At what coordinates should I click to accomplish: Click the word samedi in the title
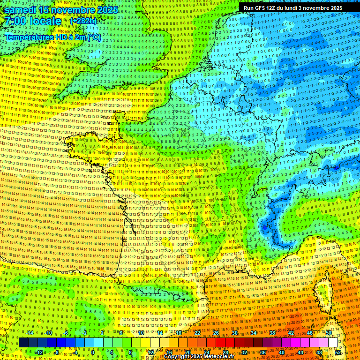point(21,10)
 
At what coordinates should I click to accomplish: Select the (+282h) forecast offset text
point(83,21)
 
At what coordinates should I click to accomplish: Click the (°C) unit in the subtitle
point(94,37)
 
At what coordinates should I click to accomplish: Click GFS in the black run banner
point(260,8)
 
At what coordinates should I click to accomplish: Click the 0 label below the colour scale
point(92,352)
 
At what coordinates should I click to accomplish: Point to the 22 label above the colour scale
point(197,333)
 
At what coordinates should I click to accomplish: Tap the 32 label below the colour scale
point(244,352)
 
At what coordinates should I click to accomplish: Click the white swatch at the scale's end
point(333,343)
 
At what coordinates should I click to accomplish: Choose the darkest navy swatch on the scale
point(23,343)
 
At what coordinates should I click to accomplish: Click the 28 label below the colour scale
point(225,352)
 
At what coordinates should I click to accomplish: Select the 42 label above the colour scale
point(291,333)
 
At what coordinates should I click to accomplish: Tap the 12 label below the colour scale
point(150,352)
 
